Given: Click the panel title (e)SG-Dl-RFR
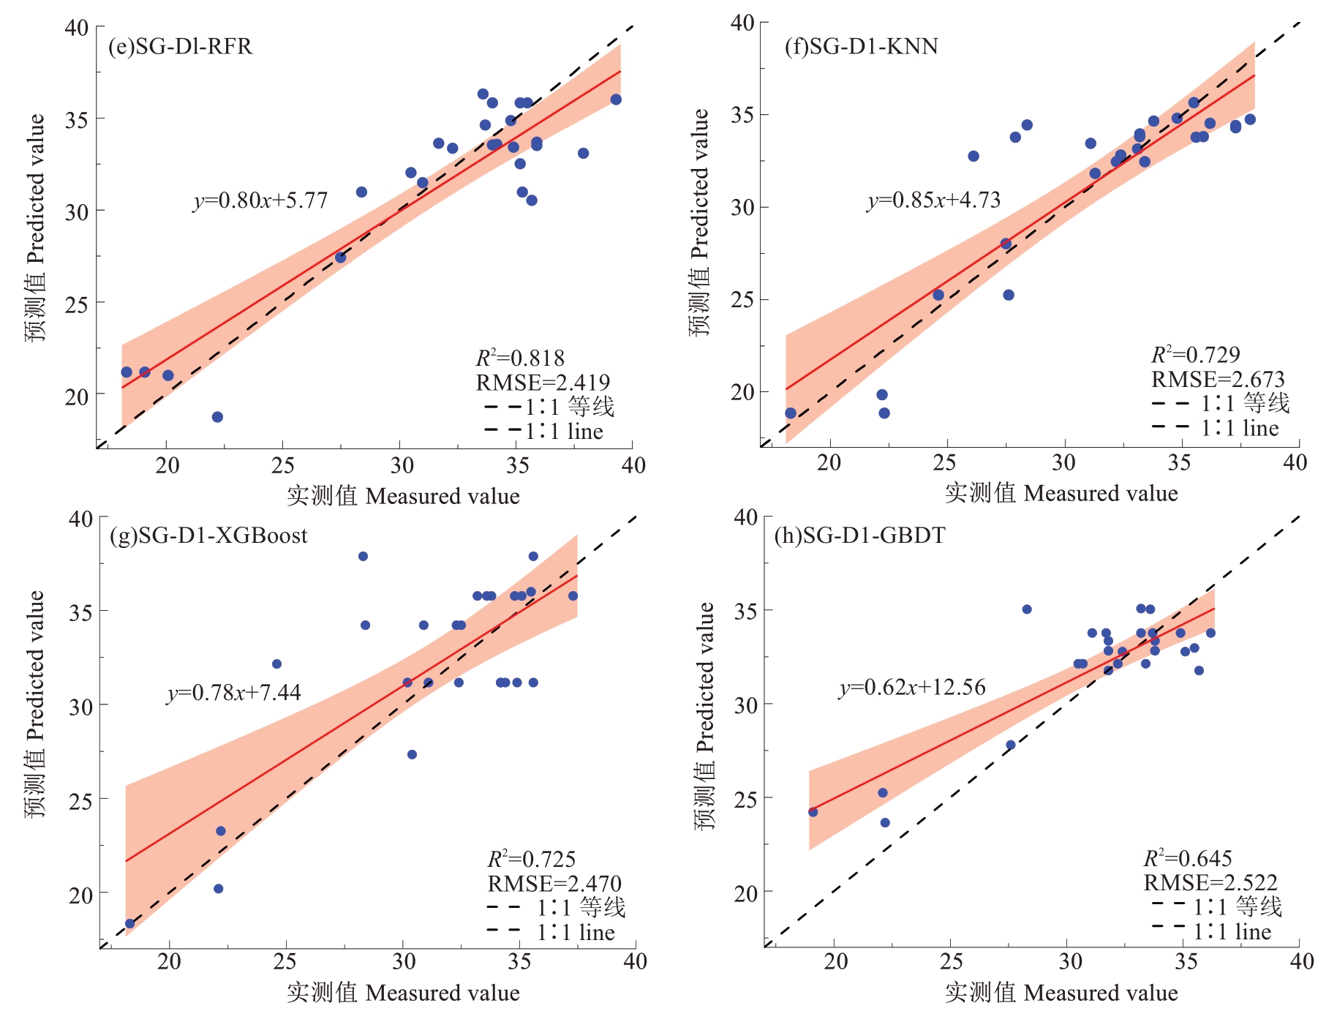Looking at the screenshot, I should (x=180, y=46).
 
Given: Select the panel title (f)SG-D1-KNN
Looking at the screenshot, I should (x=861, y=46).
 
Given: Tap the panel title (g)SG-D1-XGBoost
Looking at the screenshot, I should (x=208, y=536).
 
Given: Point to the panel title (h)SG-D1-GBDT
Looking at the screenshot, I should (x=859, y=536).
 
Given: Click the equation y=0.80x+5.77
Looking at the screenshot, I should (x=260, y=200).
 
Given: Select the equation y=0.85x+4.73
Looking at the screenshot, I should (x=933, y=200).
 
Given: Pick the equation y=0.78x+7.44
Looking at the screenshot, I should (x=234, y=692).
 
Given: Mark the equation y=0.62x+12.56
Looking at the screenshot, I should (x=912, y=687).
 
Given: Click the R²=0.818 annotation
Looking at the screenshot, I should (x=520, y=358).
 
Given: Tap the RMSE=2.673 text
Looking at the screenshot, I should (x=1218, y=379).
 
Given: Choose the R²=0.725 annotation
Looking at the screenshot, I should (x=532, y=859).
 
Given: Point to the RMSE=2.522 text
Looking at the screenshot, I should (x=1210, y=882).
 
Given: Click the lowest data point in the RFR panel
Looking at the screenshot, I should (x=217, y=417).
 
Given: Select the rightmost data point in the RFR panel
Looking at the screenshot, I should (x=616, y=99).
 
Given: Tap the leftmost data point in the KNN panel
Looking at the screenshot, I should (x=791, y=413).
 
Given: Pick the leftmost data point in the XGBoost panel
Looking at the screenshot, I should (x=130, y=924).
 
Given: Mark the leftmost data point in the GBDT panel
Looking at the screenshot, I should (x=813, y=812).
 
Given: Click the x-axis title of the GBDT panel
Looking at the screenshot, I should (x=1061, y=993).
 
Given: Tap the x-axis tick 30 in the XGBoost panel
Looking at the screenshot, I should (x=403, y=961).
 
